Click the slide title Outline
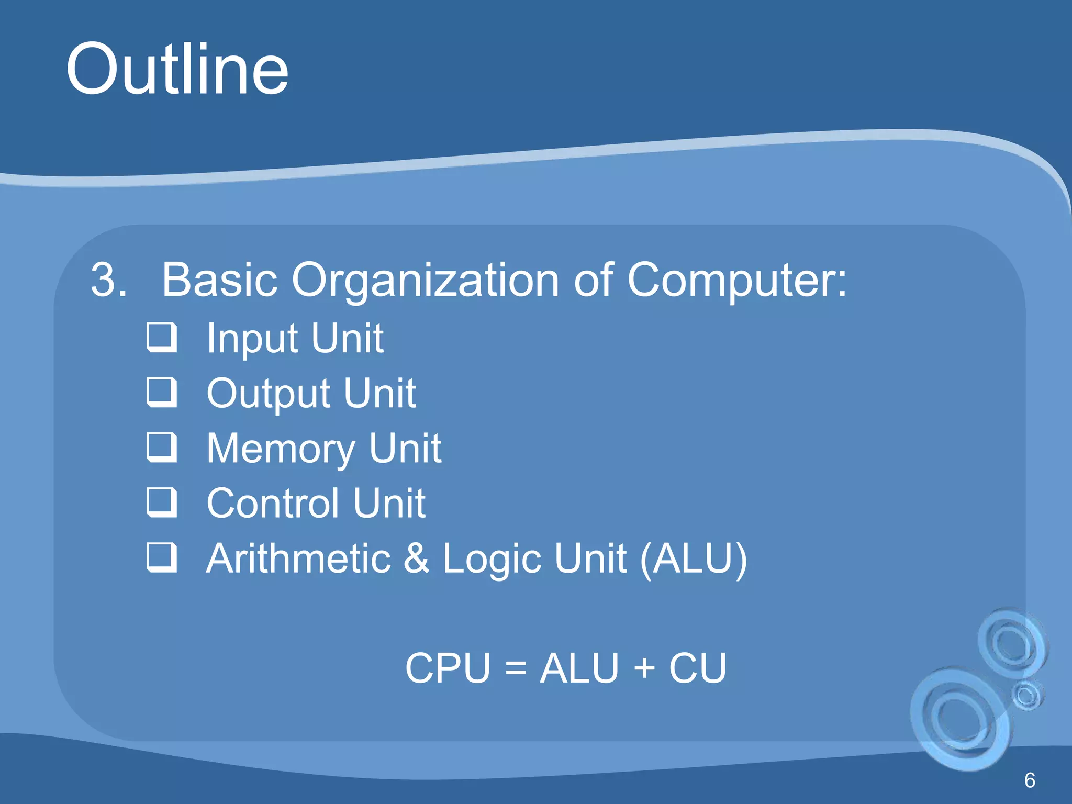click(x=177, y=70)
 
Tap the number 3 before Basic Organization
click(x=108, y=281)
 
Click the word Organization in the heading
click(x=425, y=281)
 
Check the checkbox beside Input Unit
click(x=162, y=338)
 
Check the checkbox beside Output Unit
click(x=162, y=393)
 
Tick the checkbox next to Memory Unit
click(x=162, y=448)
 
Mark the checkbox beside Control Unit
click(x=162, y=502)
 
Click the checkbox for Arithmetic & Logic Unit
click(x=162, y=557)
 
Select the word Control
click(x=273, y=504)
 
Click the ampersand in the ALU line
click(x=417, y=559)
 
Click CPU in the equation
click(x=448, y=668)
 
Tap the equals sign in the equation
click(x=516, y=668)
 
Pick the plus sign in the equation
click(x=644, y=668)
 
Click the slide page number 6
click(x=1029, y=780)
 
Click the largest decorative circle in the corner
click(x=961, y=720)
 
